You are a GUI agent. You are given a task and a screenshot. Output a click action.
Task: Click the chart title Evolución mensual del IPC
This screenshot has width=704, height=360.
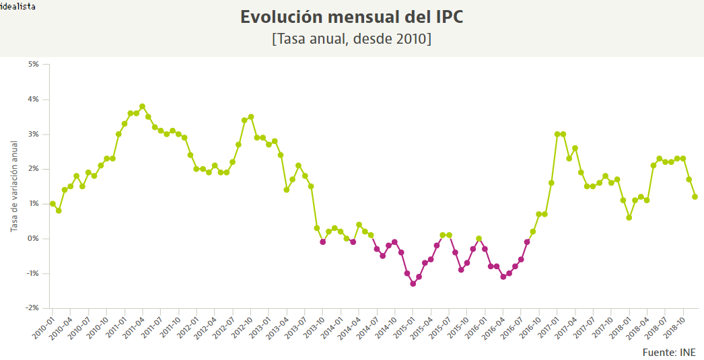coord(351,17)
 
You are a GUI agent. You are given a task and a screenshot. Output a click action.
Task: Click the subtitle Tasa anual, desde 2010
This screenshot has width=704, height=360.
coord(351,39)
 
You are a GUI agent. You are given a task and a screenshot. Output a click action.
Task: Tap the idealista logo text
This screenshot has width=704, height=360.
coord(18,6)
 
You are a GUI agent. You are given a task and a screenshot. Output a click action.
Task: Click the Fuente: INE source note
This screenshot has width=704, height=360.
coord(669,353)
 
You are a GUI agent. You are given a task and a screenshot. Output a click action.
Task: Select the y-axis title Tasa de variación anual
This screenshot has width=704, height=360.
coord(13,186)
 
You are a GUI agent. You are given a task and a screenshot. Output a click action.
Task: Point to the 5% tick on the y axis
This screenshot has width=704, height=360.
coord(33,65)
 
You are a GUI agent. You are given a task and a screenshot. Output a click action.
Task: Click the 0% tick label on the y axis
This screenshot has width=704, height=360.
coord(33,239)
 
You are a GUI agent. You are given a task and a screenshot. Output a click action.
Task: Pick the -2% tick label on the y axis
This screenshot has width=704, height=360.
coord(32,308)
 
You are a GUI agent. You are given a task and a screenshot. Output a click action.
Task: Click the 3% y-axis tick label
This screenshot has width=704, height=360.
coord(33,135)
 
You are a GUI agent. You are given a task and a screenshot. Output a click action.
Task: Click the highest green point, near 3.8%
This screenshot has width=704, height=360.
coord(142,106)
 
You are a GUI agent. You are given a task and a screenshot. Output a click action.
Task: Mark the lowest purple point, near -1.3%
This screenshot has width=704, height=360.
coord(413,283)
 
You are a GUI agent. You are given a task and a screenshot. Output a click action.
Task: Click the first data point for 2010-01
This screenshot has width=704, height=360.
coord(52,204)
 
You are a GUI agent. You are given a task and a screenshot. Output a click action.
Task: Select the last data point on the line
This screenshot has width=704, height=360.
coord(695,196)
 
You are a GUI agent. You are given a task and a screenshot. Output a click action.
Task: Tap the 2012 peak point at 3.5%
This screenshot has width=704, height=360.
coord(250,116)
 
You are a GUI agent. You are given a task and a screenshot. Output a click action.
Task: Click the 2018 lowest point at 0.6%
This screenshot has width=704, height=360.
coord(629,217)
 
